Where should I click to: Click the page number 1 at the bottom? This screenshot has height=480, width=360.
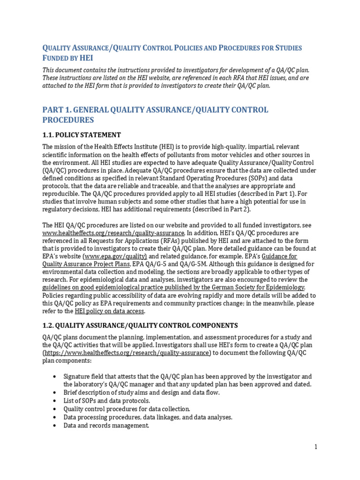316,447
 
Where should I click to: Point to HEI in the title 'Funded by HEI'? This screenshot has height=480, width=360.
86,58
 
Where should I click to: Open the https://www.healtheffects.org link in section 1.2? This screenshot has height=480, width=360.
127,353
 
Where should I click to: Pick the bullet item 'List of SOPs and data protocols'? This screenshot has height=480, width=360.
107,401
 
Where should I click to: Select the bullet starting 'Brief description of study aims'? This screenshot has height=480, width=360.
141,393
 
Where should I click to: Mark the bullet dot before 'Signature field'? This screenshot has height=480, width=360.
55,377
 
